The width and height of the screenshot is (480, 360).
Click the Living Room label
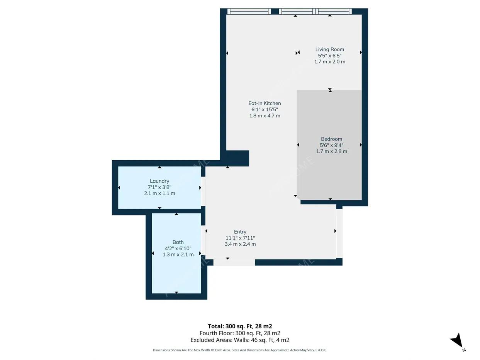(x=329, y=49)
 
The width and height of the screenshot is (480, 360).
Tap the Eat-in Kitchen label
(x=265, y=103)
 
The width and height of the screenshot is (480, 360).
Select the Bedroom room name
(x=331, y=139)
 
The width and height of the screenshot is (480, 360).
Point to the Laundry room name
(x=159, y=181)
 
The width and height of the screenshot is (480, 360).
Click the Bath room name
(x=178, y=242)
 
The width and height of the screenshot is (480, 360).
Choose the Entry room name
(x=240, y=232)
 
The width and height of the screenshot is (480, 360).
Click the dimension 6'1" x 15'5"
(x=265, y=109)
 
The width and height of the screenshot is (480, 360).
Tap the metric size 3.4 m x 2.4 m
(x=240, y=244)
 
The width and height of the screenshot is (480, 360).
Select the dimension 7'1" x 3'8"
(x=159, y=187)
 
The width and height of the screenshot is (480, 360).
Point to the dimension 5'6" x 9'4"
(x=331, y=145)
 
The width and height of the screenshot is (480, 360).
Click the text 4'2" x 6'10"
(x=178, y=248)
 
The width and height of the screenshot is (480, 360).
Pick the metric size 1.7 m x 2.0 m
(x=329, y=62)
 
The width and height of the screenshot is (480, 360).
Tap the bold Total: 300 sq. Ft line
(x=240, y=326)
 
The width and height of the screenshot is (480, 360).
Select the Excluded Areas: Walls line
(x=240, y=340)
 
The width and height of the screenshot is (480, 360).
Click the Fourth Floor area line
(x=240, y=333)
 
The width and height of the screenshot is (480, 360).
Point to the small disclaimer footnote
(x=240, y=350)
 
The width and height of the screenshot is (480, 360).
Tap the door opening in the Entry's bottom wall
(x=234, y=262)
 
